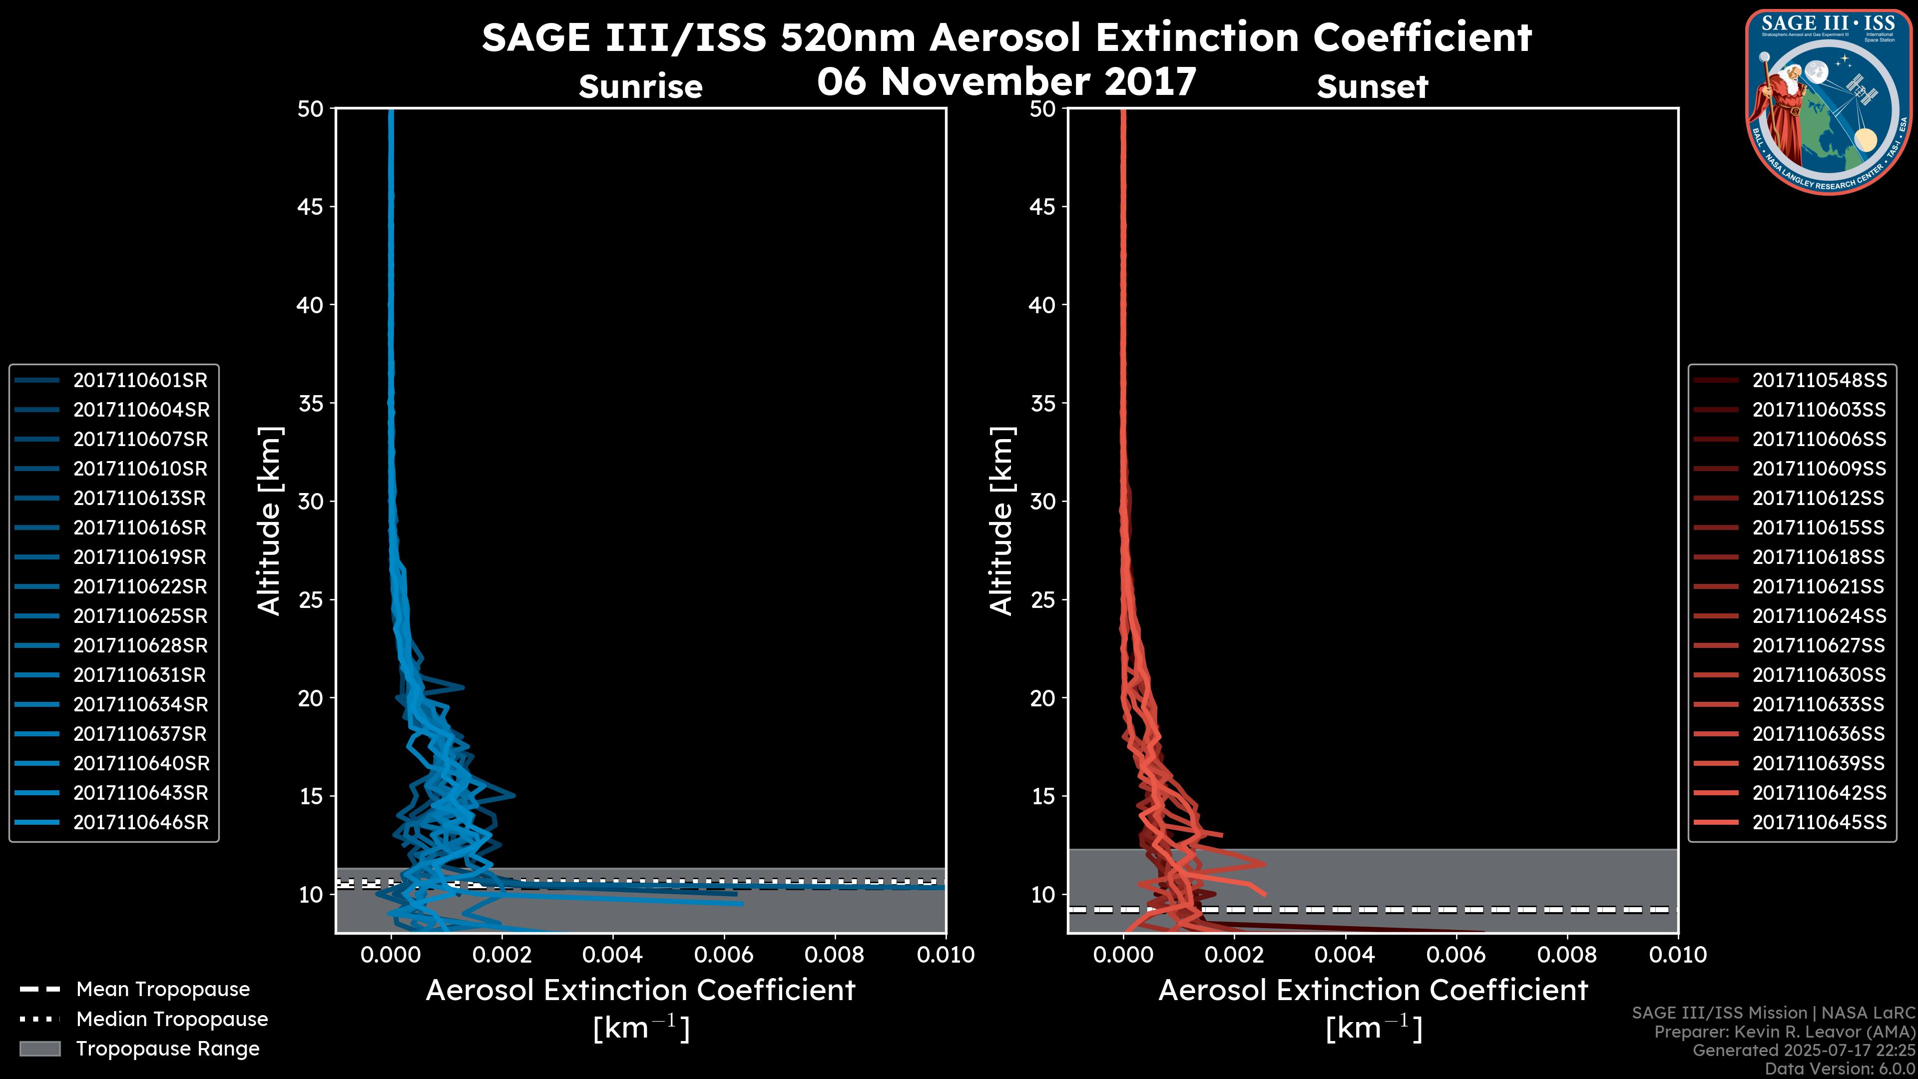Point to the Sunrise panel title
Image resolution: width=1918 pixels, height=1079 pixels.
point(640,87)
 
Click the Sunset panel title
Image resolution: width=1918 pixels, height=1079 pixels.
point(1372,87)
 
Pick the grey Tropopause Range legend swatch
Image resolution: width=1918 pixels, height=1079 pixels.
point(40,1049)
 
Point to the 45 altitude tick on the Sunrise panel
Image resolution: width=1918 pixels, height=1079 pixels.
point(311,207)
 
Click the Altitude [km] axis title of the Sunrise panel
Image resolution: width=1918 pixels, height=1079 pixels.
point(269,521)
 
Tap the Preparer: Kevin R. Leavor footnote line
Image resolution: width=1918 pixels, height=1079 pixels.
point(1784,1032)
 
